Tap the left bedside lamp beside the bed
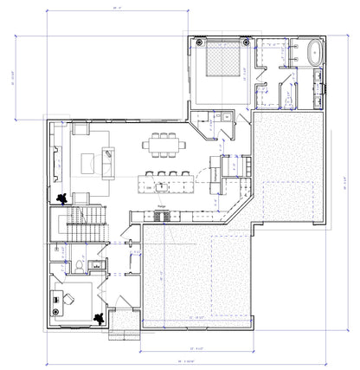201,42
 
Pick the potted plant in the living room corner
62,198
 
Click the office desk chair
67,299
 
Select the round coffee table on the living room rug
89,161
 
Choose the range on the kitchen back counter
161,215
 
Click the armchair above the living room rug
81,129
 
